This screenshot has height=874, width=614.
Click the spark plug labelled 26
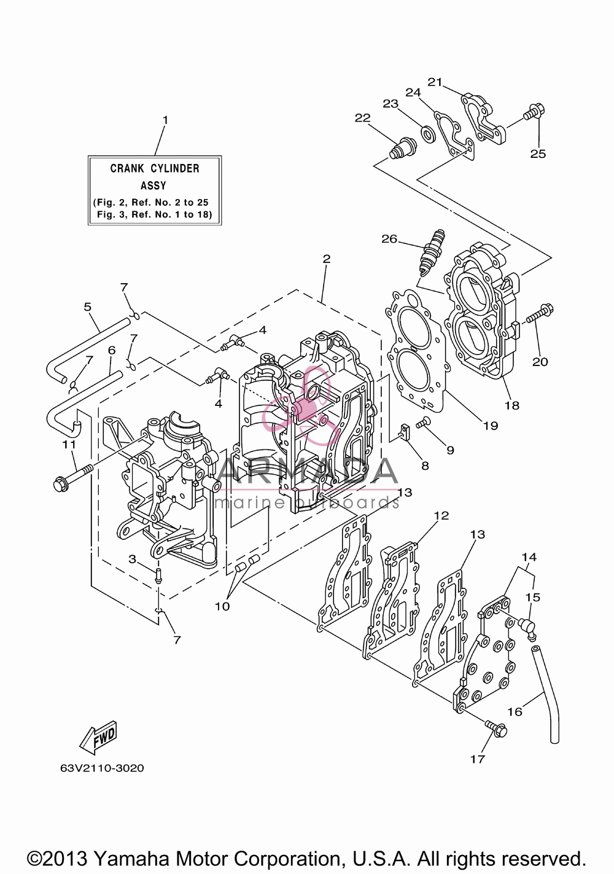(432, 252)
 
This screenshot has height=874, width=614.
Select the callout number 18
(512, 405)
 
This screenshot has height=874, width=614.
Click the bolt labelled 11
(72, 475)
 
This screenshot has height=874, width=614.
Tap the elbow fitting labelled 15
(527, 627)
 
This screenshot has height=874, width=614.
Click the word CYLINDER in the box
(175, 168)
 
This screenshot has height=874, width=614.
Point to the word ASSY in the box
(153, 185)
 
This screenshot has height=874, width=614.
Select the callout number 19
(491, 426)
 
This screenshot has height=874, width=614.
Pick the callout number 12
(441, 515)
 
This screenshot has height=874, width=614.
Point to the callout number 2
(327, 259)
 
